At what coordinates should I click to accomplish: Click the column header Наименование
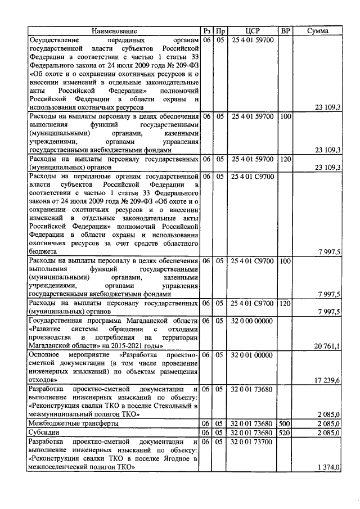(114, 31)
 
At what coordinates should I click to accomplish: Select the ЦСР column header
(253, 31)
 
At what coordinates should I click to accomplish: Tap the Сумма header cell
(318, 31)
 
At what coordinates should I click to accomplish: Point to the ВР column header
(285, 31)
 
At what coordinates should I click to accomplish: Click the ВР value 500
(285, 424)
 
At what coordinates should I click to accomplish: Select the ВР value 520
(285, 433)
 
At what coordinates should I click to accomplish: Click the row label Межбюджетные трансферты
(73, 424)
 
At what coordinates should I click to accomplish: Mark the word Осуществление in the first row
(56, 41)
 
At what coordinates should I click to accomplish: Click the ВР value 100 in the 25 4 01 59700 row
(285, 116)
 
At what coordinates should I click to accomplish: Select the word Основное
(46, 355)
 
